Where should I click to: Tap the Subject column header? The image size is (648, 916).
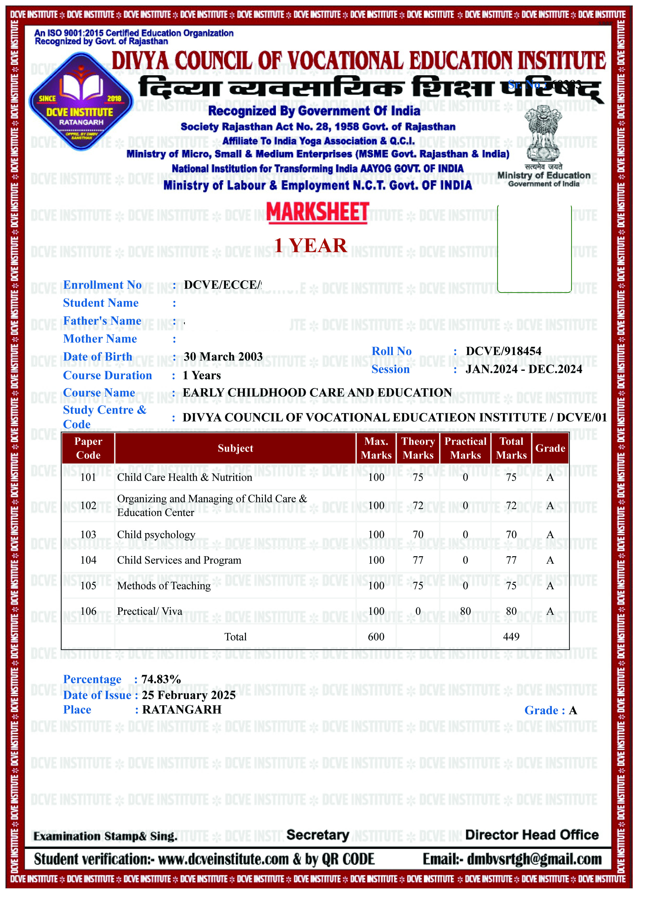pos(235,448)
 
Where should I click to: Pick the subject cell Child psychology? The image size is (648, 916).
pos(156,535)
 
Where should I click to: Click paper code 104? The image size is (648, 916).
pos(88,560)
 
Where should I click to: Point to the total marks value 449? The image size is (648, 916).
pos(511,637)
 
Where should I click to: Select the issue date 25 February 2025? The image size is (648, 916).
pos(188,695)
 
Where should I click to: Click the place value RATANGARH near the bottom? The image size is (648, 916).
pos(182,710)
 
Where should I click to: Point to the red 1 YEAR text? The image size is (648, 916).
pos(310,245)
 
